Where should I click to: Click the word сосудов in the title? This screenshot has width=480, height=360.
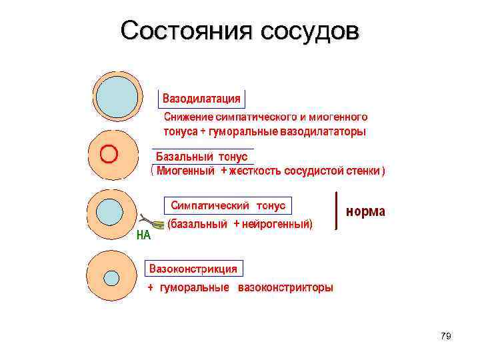pyautogui.click(x=307, y=31)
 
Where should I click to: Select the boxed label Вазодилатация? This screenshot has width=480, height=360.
pyautogui.click(x=202, y=99)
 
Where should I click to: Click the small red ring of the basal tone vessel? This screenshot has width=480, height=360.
pyautogui.click(x=109, y=154)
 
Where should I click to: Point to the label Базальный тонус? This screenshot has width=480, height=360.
pyautogui.click(x=201, y=157)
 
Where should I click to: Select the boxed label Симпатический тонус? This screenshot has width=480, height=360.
pyautogui.click(x=228, y=205)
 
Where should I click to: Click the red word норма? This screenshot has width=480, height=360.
pyautogui.click(x=365, y=211)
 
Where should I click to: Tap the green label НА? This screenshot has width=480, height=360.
pyautogui.click(x=143, y=235)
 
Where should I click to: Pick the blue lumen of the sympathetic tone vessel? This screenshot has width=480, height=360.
pyautogui.click(x=109, y=211)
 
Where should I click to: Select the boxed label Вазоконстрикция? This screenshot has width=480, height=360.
pyautogui.click(x=193, y=269)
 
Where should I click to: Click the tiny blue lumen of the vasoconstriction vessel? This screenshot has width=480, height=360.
pyautogui.click(x=111, y=277)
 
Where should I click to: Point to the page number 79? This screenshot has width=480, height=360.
pyautogui.click(x=446, y=336)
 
